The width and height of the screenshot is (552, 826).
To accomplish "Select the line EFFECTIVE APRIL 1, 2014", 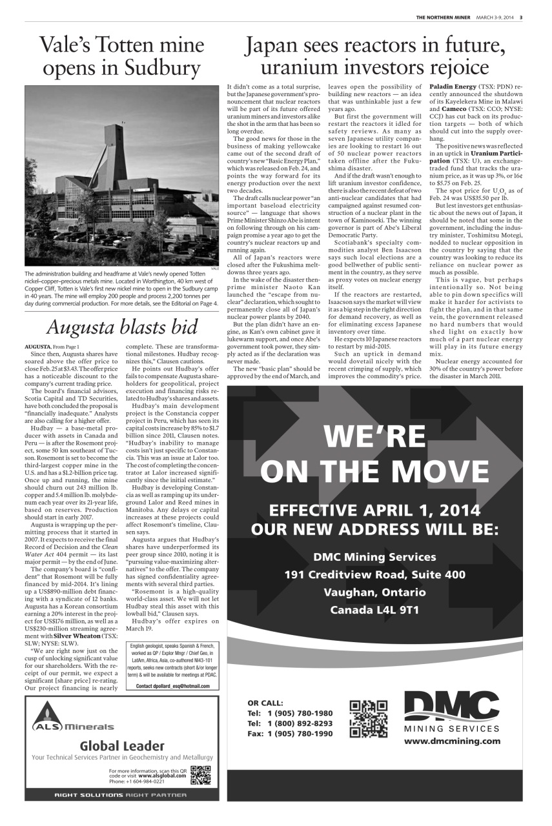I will click(x=374, y=510).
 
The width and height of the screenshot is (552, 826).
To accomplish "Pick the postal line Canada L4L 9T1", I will click(x=374, y=609).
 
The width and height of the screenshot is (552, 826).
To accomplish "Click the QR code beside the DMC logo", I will click(x=368, y=719).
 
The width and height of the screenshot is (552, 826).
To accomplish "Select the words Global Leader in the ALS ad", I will click(x=123, y=746).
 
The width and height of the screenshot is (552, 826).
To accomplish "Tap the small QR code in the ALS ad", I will click(x=201, y=774).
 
